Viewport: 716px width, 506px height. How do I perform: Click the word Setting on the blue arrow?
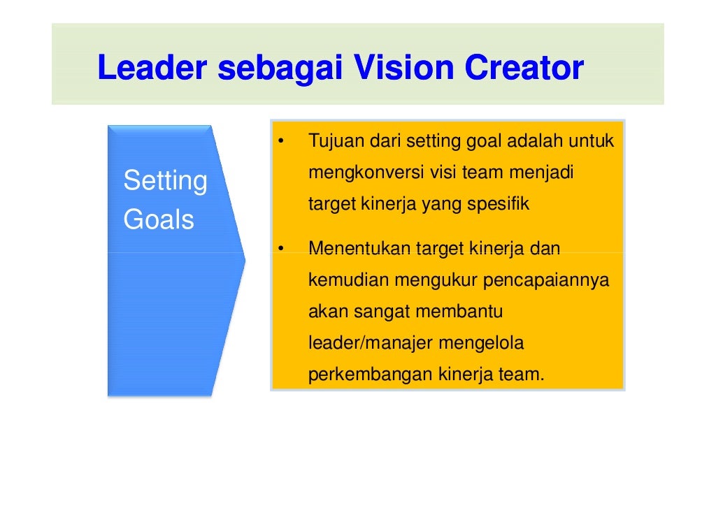[x=165, y=182]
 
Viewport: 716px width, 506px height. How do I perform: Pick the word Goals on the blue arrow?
[x=159, y=220]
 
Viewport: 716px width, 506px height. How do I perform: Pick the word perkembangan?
[x=371, y=375]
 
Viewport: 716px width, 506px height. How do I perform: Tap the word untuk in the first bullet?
[x=592, y=142]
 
